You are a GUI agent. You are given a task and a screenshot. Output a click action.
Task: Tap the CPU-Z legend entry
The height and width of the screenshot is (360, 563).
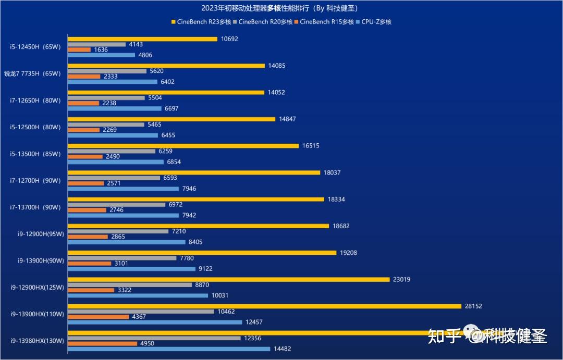click(373, 22)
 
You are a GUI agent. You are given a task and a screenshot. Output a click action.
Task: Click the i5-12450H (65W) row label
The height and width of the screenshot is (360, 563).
click(35, 47)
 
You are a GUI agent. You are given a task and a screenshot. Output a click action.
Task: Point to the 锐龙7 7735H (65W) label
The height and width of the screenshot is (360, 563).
click(32, 73)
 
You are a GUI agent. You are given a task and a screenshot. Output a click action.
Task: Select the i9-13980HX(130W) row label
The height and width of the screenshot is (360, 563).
click(37, 341)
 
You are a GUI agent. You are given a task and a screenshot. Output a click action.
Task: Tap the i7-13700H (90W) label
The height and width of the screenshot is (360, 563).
click(35, 207)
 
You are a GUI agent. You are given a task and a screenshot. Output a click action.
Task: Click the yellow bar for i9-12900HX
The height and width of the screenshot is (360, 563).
click(228, 280)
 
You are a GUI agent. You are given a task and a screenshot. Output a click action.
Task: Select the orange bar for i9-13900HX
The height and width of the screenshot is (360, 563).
click(98, 317)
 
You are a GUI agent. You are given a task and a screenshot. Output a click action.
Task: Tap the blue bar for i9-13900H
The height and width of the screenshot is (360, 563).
click(132, 269)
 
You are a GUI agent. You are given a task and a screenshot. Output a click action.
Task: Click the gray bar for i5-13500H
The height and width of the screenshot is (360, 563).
click(112, 151)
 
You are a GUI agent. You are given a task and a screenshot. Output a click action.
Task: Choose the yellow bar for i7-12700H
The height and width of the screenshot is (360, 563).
click(193, 172)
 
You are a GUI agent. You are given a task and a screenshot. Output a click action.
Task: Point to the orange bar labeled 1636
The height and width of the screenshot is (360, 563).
click(79, 50)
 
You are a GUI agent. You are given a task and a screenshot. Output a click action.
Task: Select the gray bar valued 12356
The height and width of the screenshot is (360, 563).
click(154, 338)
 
